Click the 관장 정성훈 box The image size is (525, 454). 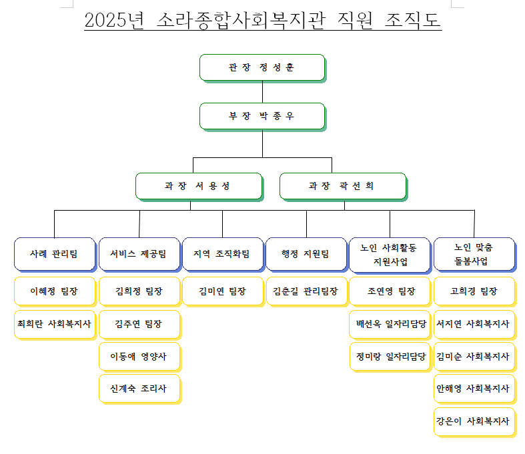click(x=263, y=68)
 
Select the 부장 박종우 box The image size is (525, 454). click(x=263, y=117)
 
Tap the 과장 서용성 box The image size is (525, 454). click(x=199, y=187)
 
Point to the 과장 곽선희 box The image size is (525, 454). click(x=344, y=187)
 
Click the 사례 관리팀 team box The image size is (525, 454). click(x=55, y=255)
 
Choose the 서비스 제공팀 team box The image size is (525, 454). click(x=139, y=255)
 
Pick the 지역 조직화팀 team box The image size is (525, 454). click(x=223, y=255)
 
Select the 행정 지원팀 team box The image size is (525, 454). click(x=306, y=255)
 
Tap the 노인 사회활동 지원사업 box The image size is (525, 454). click(x=390, y=255)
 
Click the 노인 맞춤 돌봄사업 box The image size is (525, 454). click(x=475, y=255)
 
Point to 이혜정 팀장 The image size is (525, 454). click(x=54, y=291)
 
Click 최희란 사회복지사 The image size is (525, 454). click(x=54, y=324)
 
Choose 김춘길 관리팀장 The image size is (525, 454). click(x=306, y=291)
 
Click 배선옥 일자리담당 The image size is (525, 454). click(x=391, y=324)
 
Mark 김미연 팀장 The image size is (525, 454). click(x=222, y=291)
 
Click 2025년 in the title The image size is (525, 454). click(x=114, y=20)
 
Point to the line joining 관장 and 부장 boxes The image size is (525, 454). click(x=263, y=92)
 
